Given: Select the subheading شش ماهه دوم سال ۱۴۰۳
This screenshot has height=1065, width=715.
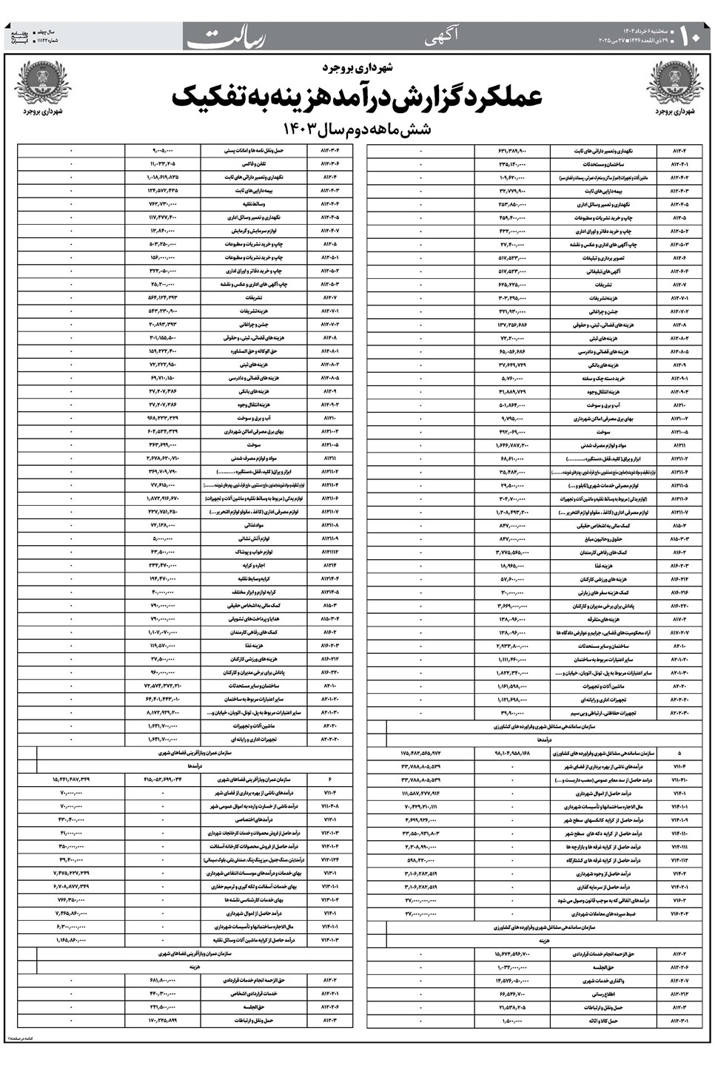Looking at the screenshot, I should tap(357, 129).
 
